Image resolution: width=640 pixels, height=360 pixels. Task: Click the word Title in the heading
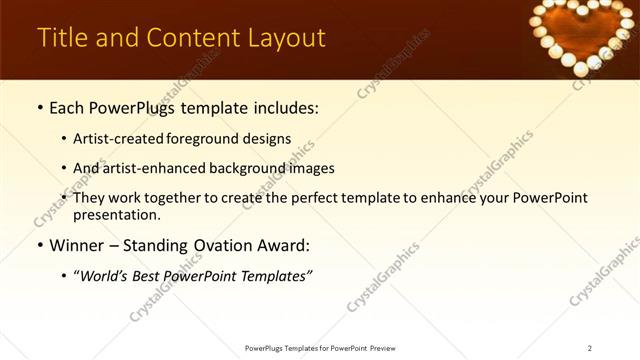(61, 38)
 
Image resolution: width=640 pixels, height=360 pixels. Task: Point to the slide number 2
(589, 348)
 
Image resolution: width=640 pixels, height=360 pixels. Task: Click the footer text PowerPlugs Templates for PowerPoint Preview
(320, 348)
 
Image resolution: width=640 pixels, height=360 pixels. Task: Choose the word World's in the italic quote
(107, 276)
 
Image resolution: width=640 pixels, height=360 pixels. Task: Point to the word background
(254, 168)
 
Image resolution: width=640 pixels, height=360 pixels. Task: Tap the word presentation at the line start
(116, 214)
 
